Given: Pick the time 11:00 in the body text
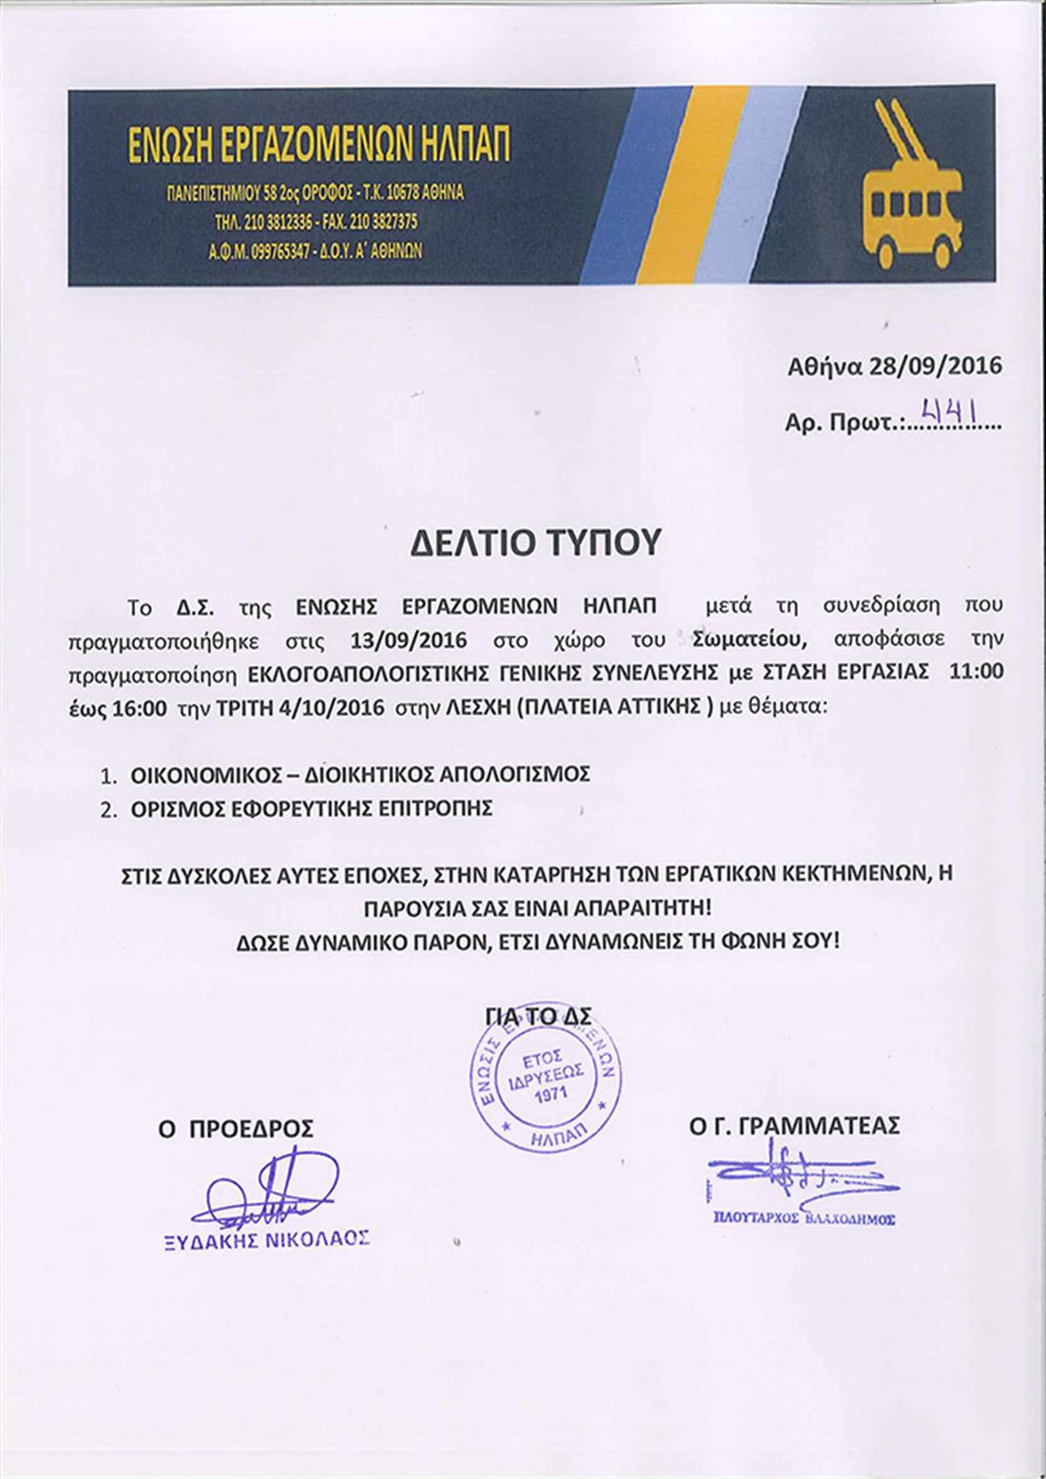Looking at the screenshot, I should (x=977, y=672).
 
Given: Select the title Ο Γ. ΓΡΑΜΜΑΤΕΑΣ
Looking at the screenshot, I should (x=796, y=1126).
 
